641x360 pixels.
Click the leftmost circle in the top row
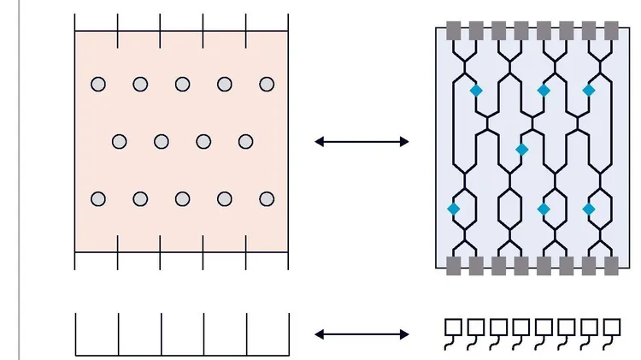click(x=98, y=84)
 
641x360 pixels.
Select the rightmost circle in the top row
click(x=267, y=84)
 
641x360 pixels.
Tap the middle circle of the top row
click(x=182, y=84)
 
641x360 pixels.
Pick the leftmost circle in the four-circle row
click(x=120, y=141)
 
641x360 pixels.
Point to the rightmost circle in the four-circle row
click(x=246, y=141)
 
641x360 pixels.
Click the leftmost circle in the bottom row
click(x=98, y=199)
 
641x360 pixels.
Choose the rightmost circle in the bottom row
click(x=267, y=199)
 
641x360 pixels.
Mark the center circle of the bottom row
click(x=182, y=199)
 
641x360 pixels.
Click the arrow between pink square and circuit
click(x=362, y=142)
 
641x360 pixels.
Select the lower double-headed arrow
click(x=362, y=334)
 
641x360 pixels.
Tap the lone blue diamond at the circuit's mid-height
click(x=521, y=150)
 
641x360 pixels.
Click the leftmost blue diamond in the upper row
click(x=476, y=90)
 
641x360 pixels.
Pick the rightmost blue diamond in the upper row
click(x=588, y=90)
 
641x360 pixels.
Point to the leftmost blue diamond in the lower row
click(x=454, y=209)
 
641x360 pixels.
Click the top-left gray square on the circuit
click(x=454, y=31)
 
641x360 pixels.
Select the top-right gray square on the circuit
click(x=610, y=31)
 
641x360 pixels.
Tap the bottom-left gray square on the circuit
click(x=454, y=265)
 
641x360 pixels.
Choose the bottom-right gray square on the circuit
click(x=610, y=265)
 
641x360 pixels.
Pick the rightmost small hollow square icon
click(x=612, y=327)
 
